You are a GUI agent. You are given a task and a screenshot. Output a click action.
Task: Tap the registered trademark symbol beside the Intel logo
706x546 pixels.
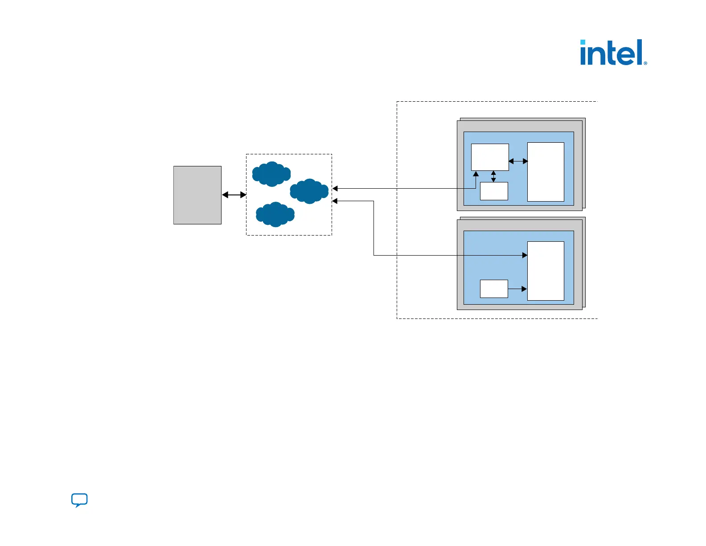(645, 63)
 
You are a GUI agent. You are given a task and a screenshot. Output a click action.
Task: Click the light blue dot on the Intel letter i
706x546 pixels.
(583, 42)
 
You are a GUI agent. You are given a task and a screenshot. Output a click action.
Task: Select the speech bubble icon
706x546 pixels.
(79, 500)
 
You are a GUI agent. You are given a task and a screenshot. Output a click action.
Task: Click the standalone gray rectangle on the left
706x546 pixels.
(197, 195)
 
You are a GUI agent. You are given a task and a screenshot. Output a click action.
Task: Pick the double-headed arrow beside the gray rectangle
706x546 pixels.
(234, 195)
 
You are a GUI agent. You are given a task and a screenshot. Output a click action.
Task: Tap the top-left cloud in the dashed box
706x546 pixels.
(271, 174)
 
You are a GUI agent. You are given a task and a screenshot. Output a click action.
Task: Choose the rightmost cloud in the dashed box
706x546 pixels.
(309, 191)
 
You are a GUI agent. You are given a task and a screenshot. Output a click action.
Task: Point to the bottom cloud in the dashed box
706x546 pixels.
(275, 215)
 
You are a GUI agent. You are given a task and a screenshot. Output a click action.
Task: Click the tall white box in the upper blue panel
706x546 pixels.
(546, 172)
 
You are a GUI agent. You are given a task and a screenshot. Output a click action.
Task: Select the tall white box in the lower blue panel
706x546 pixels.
(546, 271)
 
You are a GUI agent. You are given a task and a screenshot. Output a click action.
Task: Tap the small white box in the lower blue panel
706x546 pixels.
(494, 289)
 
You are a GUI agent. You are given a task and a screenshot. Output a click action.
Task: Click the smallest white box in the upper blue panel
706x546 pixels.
(494, 191)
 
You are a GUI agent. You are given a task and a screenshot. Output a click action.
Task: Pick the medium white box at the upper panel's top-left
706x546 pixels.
(490, 157)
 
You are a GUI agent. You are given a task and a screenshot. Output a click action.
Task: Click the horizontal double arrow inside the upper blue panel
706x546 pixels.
(518, 161)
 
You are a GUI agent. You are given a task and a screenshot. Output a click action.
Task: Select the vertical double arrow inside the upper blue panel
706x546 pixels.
(493, 176)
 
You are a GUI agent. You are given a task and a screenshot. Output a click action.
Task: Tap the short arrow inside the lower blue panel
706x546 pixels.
(517, 289)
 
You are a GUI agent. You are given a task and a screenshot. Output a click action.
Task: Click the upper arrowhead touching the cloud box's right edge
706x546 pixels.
(335, 189)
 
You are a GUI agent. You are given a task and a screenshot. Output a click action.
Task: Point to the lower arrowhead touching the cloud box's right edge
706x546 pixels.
(335, 201)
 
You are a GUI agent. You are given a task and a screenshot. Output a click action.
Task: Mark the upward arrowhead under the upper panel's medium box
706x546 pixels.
(476, 174)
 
